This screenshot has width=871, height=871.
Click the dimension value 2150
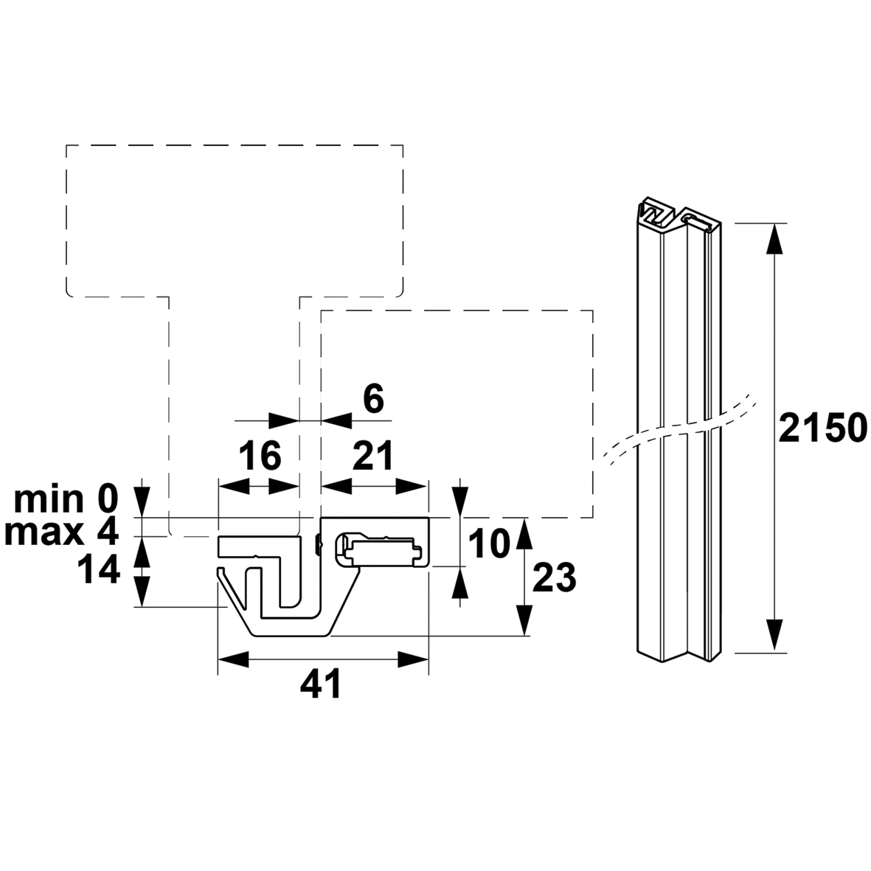click(823, 428)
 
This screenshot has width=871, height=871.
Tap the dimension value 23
click(554, 577)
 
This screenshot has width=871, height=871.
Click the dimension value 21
click(373, 456)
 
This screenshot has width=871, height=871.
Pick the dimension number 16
click(260, 456)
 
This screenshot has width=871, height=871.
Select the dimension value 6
click(373, 398)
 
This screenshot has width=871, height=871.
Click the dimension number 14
click(99, 570)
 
